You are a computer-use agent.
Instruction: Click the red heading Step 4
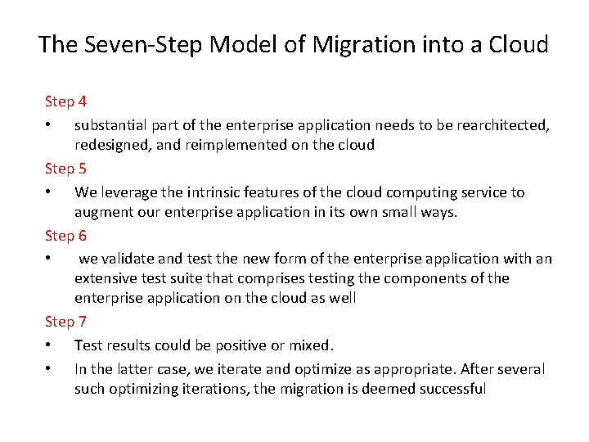point(65,102)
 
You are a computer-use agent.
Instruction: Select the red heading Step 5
point(65,169)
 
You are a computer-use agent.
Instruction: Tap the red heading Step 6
point(65,237)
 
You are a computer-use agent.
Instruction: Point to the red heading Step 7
point(65,322)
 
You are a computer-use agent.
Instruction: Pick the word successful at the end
point(452,389)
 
